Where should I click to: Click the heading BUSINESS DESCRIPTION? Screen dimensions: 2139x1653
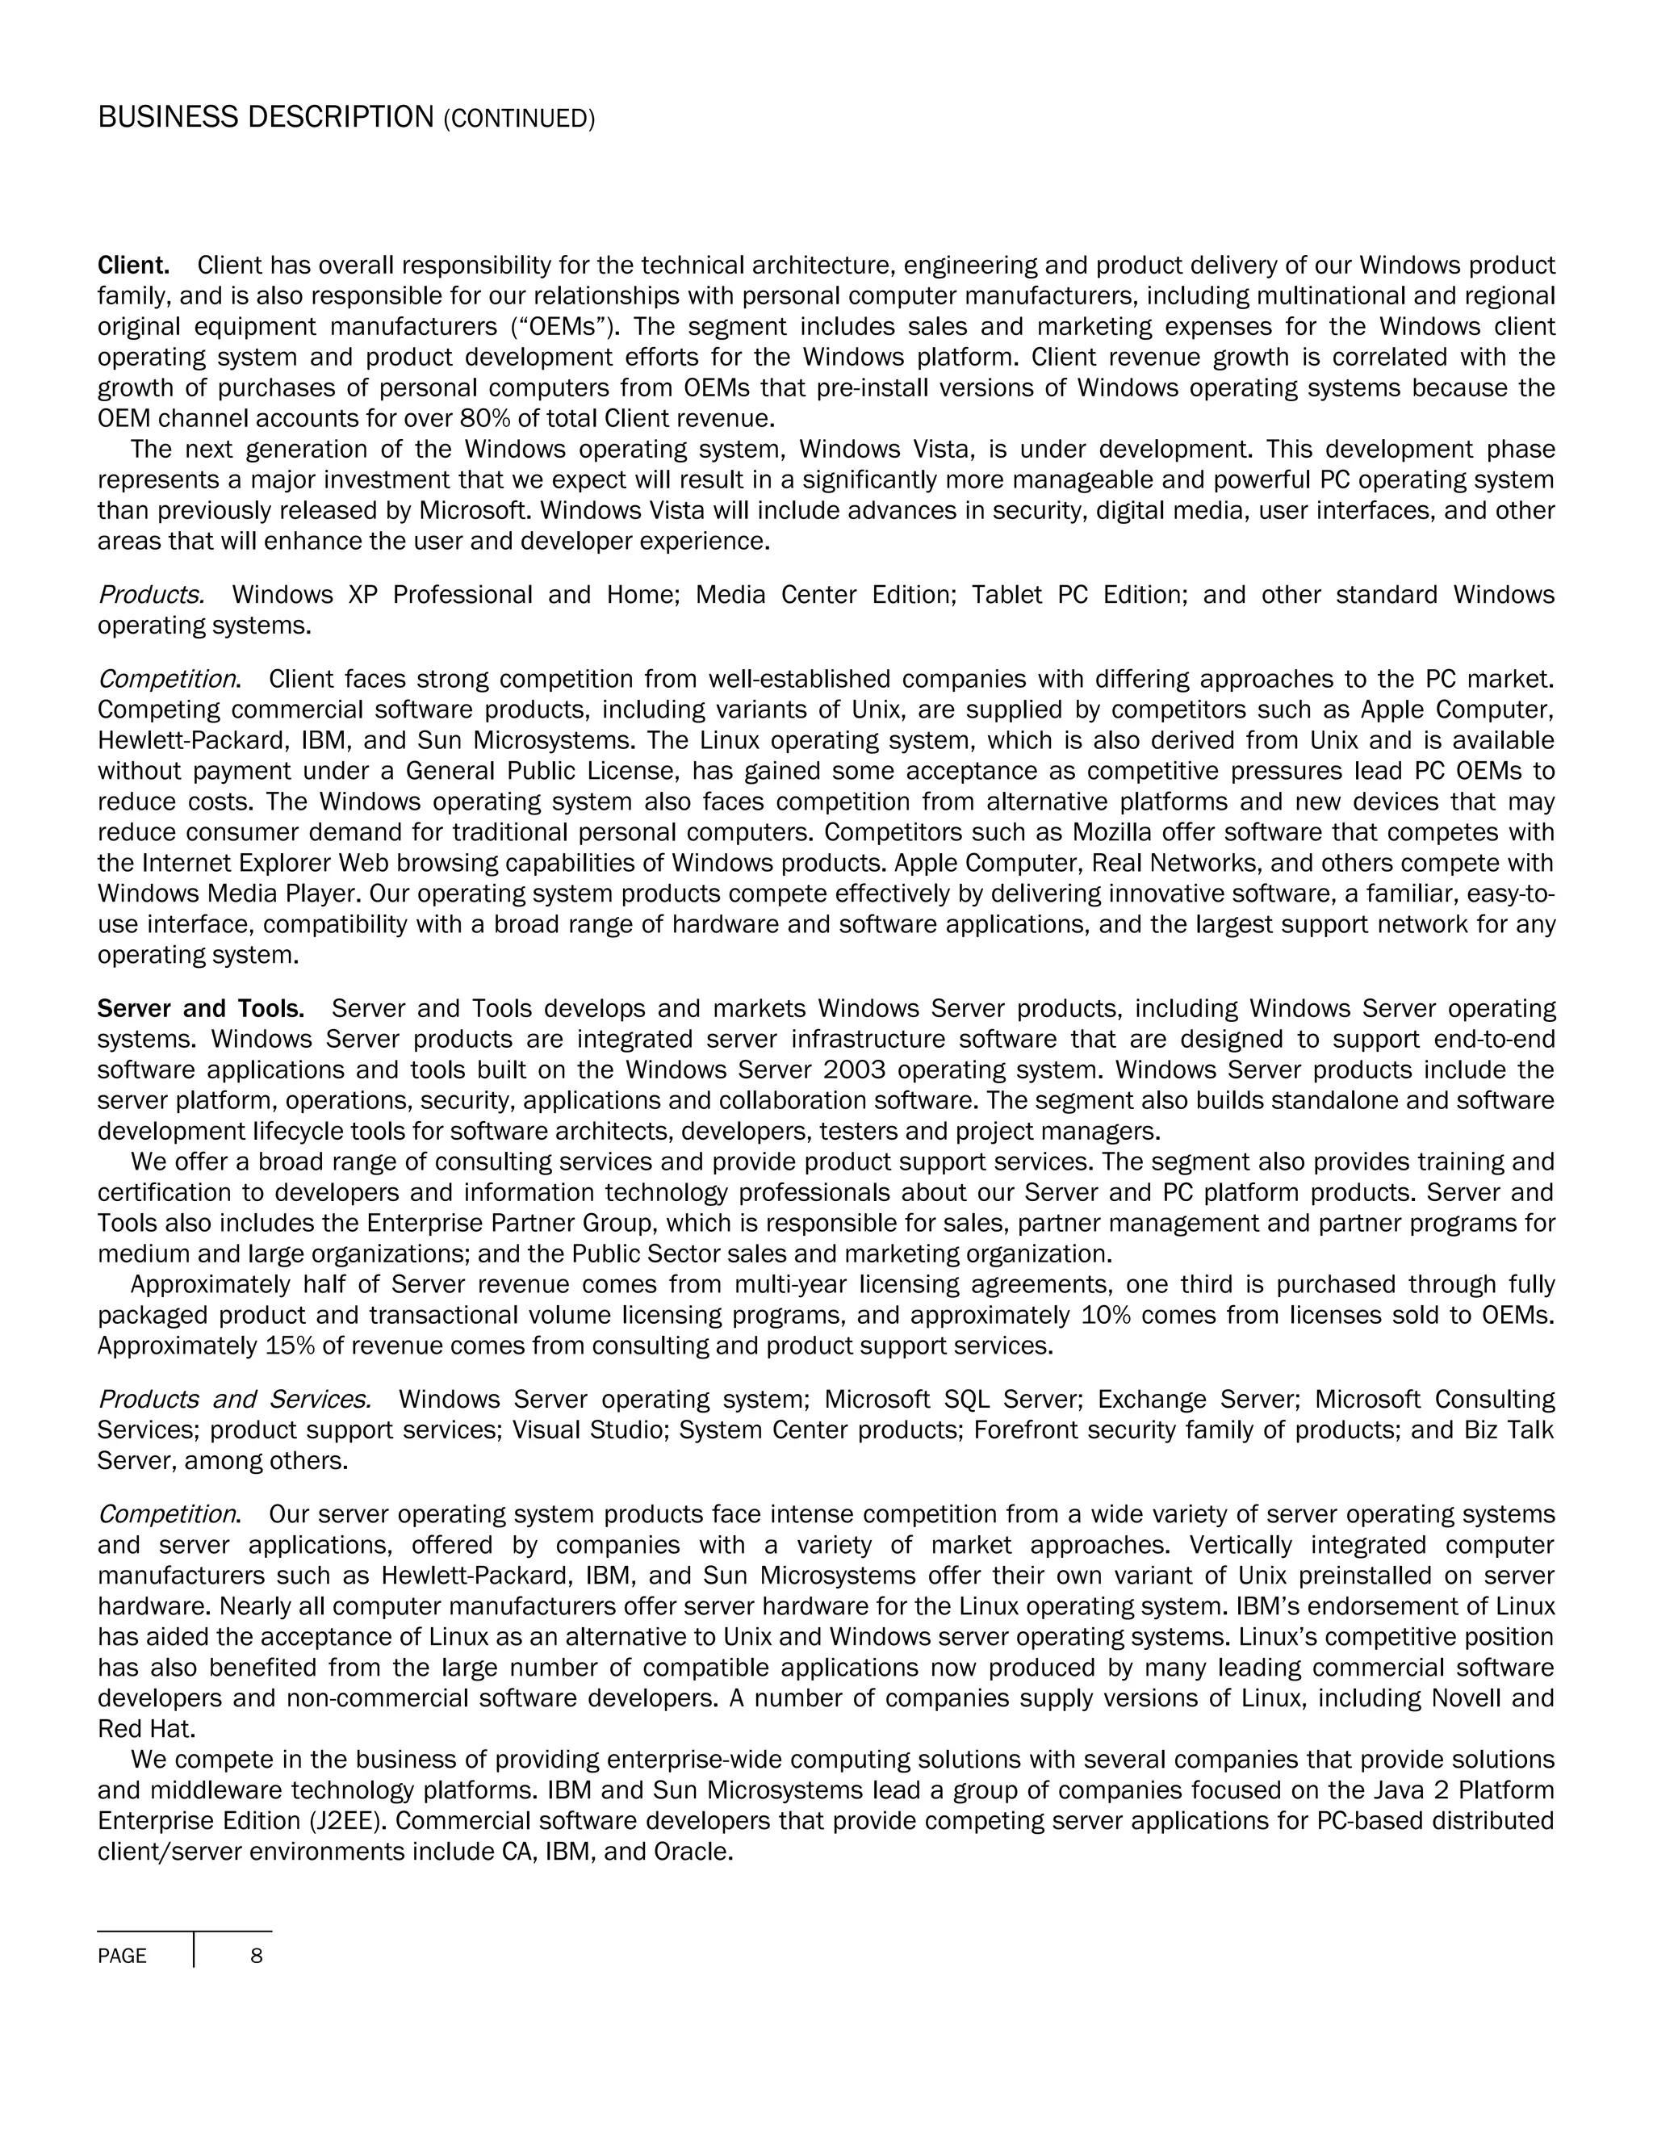coord(266,118)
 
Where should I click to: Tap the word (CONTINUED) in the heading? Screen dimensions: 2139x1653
coord(519,119)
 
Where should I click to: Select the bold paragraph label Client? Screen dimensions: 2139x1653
coord(133,266)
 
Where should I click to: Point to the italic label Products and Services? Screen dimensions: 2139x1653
coord(234,1399)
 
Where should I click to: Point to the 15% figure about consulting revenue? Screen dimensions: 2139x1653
coord(286,1346)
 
